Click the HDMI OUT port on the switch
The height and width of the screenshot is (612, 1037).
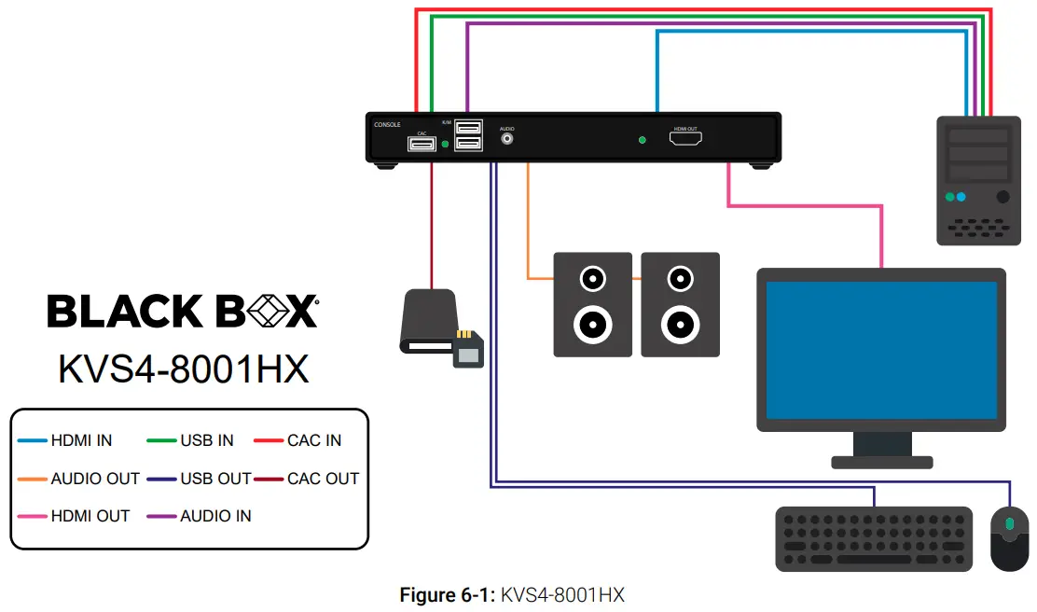[684, 139]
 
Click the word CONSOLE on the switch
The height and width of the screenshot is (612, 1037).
[387, 124]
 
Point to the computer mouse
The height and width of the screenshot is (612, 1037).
[1008, 538]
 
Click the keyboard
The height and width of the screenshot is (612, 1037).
[874, 538]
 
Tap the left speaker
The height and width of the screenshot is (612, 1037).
[593, 304]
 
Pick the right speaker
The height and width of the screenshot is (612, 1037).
[680, 304]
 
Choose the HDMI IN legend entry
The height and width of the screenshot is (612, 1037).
[82, 440]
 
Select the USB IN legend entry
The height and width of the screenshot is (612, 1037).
[207, 440]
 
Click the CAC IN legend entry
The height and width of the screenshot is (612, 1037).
[314, 440]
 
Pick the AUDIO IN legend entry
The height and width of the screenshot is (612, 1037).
[215, 516]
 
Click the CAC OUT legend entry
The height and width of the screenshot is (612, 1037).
[323, 479]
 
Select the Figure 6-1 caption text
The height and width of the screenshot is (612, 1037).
[512, 594]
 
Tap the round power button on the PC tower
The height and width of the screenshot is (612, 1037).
[1002, 197]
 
